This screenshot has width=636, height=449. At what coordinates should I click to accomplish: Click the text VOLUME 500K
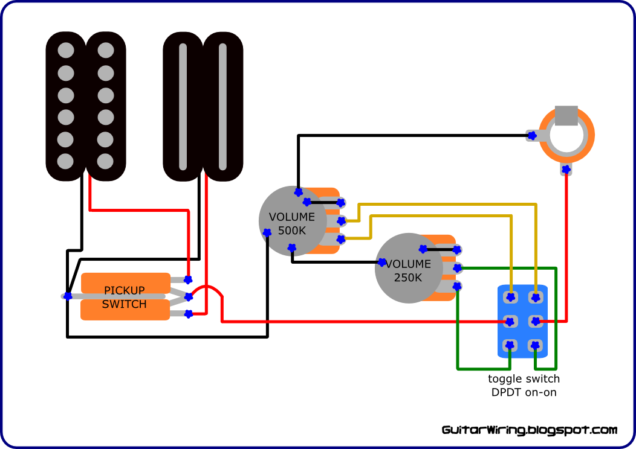click(292, 223)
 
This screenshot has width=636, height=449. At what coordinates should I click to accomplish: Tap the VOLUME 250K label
click(408, 270)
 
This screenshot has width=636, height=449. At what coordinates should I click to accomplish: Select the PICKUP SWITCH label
click(124, 297)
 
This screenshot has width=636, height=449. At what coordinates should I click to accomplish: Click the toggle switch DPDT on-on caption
click(524, 386)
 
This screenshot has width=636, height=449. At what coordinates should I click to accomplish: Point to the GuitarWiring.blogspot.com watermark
click(530, 430)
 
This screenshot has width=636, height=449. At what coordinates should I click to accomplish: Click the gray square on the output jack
click(566, 116)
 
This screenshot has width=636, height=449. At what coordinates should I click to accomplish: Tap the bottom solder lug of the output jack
click(566, 169)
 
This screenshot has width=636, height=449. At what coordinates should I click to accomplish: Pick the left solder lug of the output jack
click(533, 136)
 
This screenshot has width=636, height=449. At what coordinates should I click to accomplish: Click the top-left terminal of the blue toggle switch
click(511, 297)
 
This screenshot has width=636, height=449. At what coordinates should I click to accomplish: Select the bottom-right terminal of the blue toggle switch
click(536, 345)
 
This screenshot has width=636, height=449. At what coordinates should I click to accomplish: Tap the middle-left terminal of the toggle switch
click(510, 322)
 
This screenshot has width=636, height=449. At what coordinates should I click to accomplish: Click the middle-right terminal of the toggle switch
click(536, 322)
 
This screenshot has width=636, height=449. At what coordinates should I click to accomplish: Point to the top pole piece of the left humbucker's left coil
click(66, 51)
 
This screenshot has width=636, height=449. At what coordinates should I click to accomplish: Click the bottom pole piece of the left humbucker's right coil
click(105, 161)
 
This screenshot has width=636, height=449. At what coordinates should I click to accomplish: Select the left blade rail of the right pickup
click(183, 106)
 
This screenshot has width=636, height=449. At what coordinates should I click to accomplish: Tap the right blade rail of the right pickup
click(222, 106)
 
